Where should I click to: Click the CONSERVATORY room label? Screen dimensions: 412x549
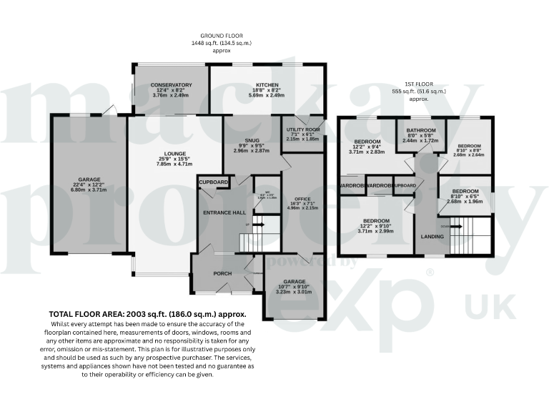[171, 84]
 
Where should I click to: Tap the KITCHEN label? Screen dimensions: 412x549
[267, 84]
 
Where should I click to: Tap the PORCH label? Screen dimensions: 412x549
[223, 273]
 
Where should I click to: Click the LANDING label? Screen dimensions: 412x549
[432, 236]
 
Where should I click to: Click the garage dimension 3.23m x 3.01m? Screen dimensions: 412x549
[295, 292]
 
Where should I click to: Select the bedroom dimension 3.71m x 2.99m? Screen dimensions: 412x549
[376, 232]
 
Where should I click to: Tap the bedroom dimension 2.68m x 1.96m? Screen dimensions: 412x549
[465, 201]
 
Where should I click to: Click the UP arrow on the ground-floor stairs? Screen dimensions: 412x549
[252, 225]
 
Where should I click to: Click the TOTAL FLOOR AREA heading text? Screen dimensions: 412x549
[147, 313]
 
